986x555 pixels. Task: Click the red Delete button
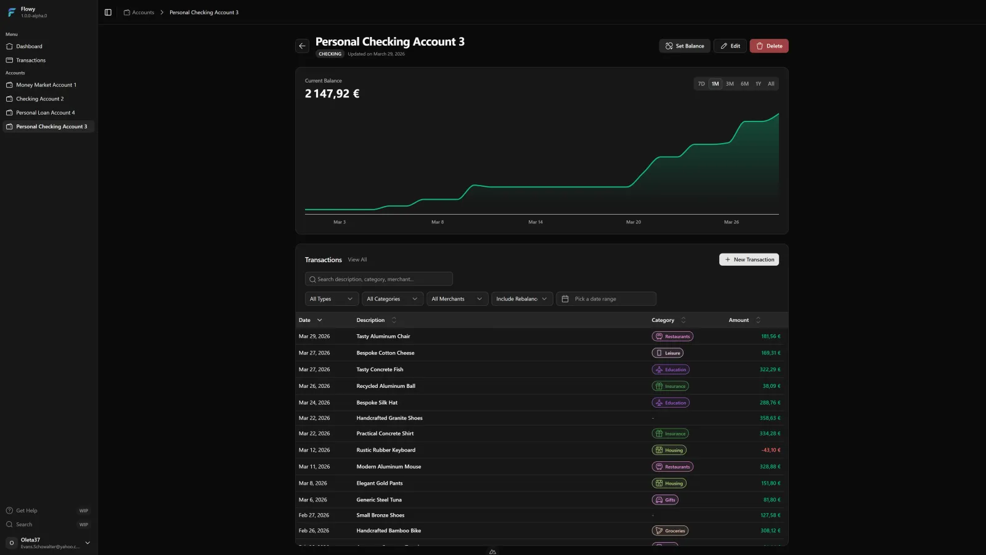pos(768,46)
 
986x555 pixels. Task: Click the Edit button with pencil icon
pos(730,46)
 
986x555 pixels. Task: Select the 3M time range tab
pos(730,84)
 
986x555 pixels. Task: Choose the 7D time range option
pos(701,84)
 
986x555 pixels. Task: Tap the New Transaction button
pos(749,260)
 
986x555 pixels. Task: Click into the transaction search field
pos(378,279)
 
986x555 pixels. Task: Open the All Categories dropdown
pos(392,299)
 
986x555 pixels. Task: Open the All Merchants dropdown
pos(457,299)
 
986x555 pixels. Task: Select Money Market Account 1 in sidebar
pos(46,85)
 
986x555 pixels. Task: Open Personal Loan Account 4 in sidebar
pos(46,113)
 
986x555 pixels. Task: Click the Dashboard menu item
pos(29,46)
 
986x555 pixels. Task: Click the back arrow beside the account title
pos(302,46)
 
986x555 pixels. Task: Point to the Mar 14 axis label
pos(536,222)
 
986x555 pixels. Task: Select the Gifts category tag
pos(665,500)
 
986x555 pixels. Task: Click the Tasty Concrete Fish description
pos(380,369)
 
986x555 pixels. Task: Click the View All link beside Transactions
pos(357,260)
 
